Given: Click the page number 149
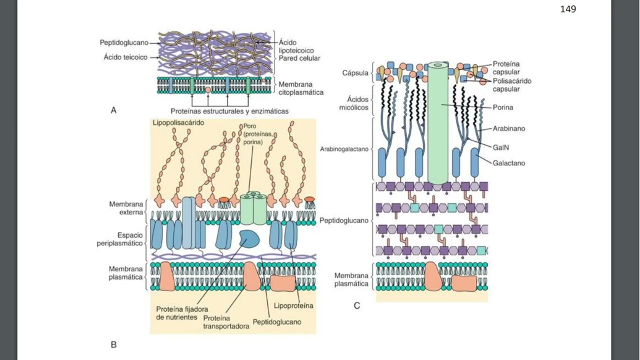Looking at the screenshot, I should click(x=568, y=9).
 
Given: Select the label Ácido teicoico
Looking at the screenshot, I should click(x=125, y=57).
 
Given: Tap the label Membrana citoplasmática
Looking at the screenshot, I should click(x=300, y=88).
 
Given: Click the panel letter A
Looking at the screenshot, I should click(x=113, y=110).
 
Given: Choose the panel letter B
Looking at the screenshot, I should click(x=113, y=344).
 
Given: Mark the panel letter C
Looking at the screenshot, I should click(x=356, y=305).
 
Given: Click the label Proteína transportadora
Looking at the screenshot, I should click(x=226, y=322).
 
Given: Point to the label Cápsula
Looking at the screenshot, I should click(x=355, y=73).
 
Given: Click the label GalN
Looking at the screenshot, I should click(x=501, y=147).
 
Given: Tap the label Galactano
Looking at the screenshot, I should click(x=508, y=163).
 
